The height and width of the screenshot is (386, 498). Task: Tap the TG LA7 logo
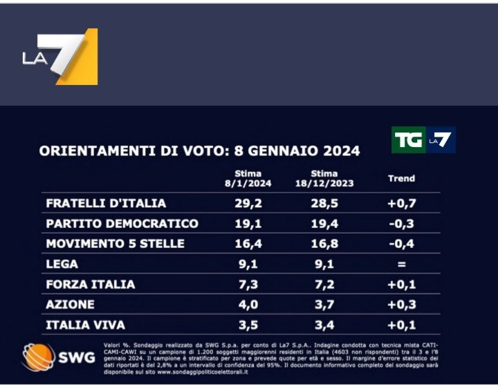tap(423, 140)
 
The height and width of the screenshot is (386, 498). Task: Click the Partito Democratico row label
tap(122, 224)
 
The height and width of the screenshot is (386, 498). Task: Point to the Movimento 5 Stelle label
tap(115, 244)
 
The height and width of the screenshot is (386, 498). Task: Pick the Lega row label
tap(62, 264)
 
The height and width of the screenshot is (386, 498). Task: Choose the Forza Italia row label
tap(90, 284)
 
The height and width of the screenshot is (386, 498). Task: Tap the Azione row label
tap(70, 305)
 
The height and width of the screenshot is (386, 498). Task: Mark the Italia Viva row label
tap(85, 325)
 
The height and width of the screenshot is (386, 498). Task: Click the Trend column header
tap(401, 178)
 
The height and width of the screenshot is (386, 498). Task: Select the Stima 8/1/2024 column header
tap(248, 178)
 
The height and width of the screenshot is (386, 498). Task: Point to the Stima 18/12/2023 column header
tap(324, 178)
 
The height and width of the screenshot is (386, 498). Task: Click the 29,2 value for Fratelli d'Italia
tap(248, 204)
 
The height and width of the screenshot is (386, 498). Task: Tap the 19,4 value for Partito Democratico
tap(324, 224)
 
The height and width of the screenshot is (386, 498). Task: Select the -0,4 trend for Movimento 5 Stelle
tap(401, 244)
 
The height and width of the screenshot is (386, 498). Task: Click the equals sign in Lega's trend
tap(401, 264)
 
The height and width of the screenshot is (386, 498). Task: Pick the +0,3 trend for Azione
tap(401, 305)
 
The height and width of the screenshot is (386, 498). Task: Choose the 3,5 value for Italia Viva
tap(248, 325)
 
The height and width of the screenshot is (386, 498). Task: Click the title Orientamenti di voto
tap(199, 151)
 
